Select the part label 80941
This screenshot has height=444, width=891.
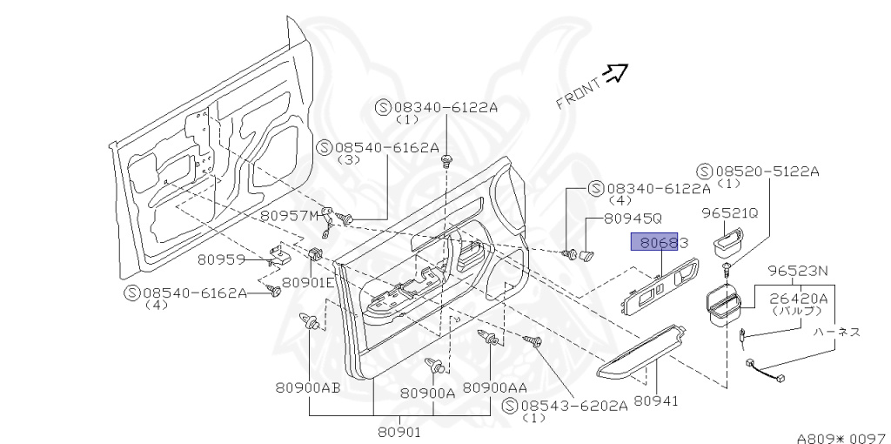656,401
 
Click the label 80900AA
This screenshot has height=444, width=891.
495,387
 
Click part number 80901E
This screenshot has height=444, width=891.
308,282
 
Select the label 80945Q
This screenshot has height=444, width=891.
633,219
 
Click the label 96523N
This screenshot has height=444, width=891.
797,270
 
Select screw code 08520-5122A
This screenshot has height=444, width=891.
766,172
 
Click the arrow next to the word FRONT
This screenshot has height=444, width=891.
616,73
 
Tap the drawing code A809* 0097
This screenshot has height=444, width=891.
841,438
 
